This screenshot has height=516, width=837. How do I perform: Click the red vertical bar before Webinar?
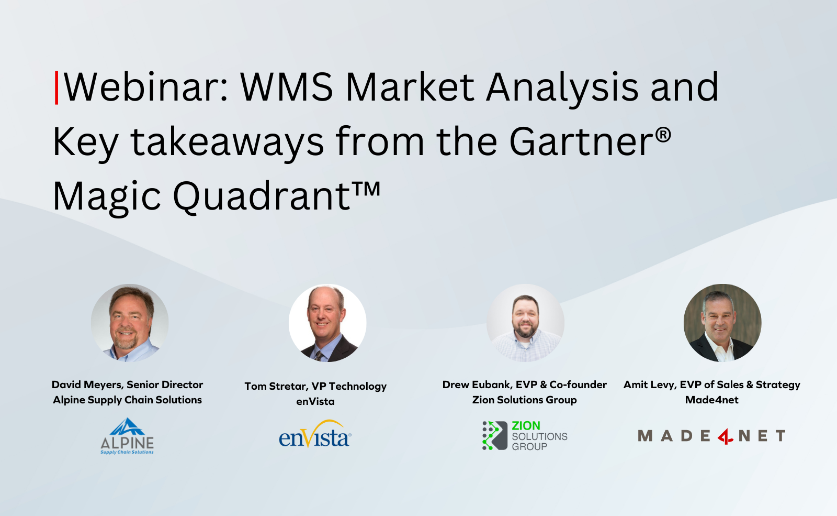pyautogui.click(x=56, y=87)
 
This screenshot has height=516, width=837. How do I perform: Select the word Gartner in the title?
pyautogui.click(x=581, y=142)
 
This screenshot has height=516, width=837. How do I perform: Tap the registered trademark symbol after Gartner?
pyautogui.click(x=663, y=135)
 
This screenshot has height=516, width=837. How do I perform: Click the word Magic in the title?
pyautogui.click(x=107, y=197)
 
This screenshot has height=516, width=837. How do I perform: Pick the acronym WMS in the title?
pyautogui.click(x=287, y=87)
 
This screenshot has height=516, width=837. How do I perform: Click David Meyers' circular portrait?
pyautogui.click(x=130, y=323)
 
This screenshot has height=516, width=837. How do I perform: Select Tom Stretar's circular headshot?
pyautogui.click(x=327, y=323)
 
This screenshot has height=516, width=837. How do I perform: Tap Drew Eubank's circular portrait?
pyautogui.click(x=525, y=323)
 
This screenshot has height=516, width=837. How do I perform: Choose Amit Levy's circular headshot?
pyautogui.click(x=722, y=323)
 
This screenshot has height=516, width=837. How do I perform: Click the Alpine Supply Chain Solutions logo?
pyautogui.click(x=127, y=436)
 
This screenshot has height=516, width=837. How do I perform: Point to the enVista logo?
pyautogui.click(x=315, y=435)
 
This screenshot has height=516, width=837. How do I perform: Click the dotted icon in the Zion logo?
pyautogui.click(x=494, y=435)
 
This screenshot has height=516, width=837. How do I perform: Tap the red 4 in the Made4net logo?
pyautogui.click(x=725, y=436)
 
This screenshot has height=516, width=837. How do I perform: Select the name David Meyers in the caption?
pyautogui.click(x=87, y=385)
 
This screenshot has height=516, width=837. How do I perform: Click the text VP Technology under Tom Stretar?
pyautogui.click(x=349, y=386)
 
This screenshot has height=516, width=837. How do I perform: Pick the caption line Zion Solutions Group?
pyautogui.click(x=524, y=400)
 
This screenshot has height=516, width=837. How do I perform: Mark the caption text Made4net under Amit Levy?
pyautogui.click(x=711, y=400)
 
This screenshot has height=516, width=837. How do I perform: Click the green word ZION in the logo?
pyautogui.click(x=526, y=426)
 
